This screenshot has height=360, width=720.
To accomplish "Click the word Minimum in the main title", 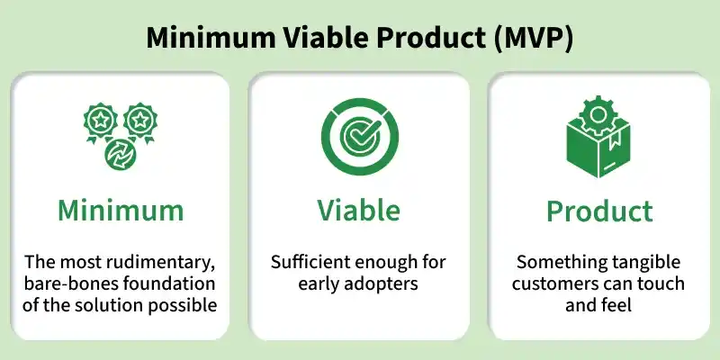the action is pyautogui.click(x=211, y=38).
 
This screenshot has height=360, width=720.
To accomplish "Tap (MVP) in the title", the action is pyautogui.click(x=534, y=39).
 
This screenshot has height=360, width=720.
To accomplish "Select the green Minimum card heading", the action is pyautogui.click(x=121, y=211).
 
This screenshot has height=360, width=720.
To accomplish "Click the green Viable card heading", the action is pyautogui.click(x=358, y=211).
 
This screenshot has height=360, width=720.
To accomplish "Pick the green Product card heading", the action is pyautogui.click(x=599, y=211).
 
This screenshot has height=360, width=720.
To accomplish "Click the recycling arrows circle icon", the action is pyautogui.click(x=121, y=154).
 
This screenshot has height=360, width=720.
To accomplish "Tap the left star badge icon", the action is pyautogui.click(x=100, y=122).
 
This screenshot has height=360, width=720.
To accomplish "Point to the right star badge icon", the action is pyautogui.click(x=140, y=122).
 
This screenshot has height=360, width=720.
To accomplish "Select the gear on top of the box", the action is pyautogui.click(x=598, y=115).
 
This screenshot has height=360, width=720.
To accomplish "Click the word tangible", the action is pyautogui.click(x=646, y=263).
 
